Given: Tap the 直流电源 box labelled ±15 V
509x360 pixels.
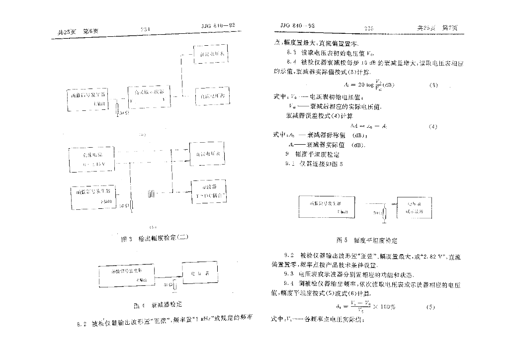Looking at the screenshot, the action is coord(91,159).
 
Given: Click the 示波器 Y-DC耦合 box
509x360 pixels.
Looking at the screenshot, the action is coord(209,191).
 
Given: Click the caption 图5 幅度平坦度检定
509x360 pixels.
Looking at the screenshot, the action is coord(367,240).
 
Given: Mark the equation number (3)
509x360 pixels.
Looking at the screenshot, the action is coord(433,86).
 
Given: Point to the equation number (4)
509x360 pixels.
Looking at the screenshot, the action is coord(432,126).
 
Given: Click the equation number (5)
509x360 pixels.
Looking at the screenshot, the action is coord(430,306).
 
